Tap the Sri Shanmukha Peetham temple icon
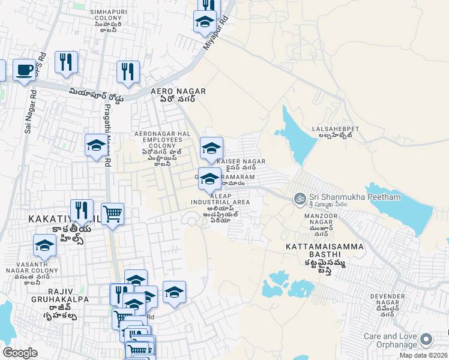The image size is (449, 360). coord(298,197)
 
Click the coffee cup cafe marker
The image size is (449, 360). coord(24,70)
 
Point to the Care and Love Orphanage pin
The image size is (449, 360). coord(427,340)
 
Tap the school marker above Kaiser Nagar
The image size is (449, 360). coord(211,148)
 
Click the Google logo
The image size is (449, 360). coord(19,353)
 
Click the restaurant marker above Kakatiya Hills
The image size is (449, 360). coord(82,209)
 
